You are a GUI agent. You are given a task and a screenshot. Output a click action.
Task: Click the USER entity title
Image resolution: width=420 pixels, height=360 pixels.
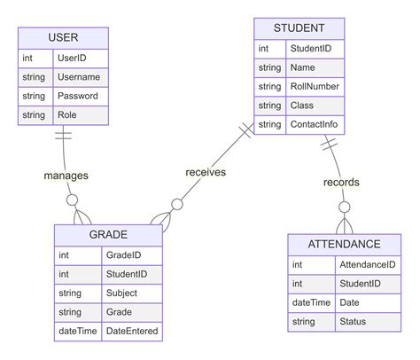63,37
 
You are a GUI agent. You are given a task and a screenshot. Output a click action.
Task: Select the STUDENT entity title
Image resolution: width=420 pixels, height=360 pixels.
299,28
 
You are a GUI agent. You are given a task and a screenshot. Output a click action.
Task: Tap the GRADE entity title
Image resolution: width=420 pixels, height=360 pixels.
108,235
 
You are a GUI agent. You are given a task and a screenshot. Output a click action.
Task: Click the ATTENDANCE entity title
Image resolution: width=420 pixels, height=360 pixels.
344,244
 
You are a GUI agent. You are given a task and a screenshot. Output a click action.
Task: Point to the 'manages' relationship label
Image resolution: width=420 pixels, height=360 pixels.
66,176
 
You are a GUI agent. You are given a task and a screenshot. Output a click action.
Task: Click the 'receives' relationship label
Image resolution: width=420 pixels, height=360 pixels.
206,172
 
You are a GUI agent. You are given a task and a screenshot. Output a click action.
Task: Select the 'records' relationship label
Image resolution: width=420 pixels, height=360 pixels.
341,183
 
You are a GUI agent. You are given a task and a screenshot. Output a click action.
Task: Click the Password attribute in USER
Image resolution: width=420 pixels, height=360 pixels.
77,96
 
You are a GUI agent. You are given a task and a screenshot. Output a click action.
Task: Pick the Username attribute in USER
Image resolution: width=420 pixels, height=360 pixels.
79,77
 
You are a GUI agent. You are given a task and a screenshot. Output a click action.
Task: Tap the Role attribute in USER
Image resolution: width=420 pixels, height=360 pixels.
67,115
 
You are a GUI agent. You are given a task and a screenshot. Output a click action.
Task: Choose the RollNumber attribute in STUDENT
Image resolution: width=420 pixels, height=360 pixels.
315,86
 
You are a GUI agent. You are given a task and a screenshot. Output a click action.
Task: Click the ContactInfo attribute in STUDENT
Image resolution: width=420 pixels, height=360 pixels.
314,125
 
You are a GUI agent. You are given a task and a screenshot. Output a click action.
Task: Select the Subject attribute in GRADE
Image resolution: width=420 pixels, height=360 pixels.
121,293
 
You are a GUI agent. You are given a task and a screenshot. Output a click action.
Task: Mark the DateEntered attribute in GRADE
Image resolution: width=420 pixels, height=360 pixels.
132,332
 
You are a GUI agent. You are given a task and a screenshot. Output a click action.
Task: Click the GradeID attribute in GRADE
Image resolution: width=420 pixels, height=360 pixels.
123,254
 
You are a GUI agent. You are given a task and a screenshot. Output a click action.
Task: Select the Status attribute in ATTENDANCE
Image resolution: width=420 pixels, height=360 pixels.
353,322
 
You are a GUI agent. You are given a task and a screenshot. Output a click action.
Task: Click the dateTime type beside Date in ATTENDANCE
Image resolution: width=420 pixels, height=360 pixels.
311,302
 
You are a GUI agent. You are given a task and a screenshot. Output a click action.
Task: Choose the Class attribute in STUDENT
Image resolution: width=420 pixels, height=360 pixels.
302,106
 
